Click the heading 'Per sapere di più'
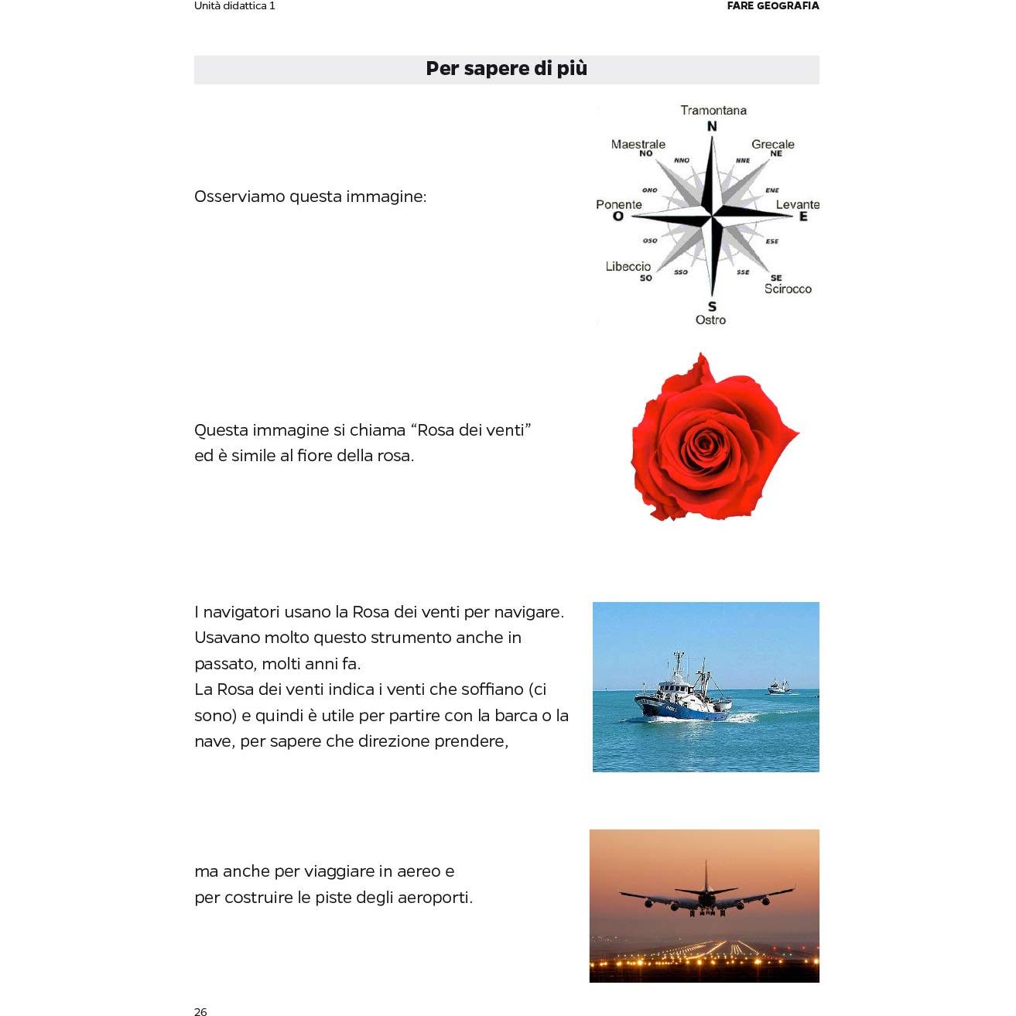click(x=506, y=69)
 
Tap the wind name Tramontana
click(x=713, y=110)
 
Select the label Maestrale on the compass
click(x=638, y=144)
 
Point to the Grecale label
click(x=772, y=144)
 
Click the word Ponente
click(x=618, y=204)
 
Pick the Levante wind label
click(x=797, y=204)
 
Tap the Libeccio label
click(x=628, y=266)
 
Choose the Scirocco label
click(x=788, y=289)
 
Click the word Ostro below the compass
click(x=710, y=320)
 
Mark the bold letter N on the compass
click(x=712, y=126)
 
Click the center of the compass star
click(x=712, y=216)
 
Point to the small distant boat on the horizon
click(x=778, y=686)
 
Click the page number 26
click(x=200, y=1011)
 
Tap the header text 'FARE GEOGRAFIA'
click(x=772, y=5)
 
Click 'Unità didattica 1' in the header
click(x=234, y=5)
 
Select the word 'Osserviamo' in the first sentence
click(x=239, y=197)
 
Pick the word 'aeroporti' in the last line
click(x=434, y=898)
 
